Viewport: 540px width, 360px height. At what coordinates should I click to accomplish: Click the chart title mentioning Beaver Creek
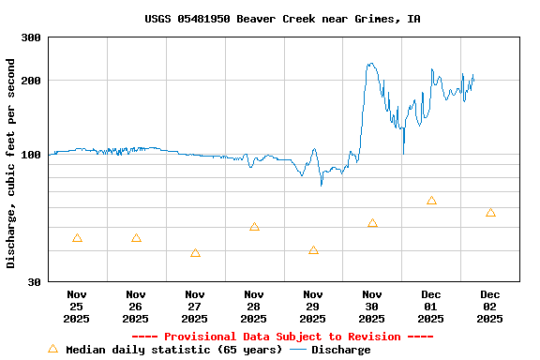(282, 19)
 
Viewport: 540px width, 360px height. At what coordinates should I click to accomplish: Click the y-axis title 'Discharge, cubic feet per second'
(10, 163)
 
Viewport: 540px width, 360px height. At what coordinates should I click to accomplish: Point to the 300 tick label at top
(31, 37)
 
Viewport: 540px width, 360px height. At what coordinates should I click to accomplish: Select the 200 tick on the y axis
(31, 81)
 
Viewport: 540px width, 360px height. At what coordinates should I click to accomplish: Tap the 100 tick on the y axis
(31, 155)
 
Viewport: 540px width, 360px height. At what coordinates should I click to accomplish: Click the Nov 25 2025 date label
(77, 307)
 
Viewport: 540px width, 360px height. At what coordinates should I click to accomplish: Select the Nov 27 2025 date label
(195, 307)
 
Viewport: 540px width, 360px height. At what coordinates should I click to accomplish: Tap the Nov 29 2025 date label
(313, 307)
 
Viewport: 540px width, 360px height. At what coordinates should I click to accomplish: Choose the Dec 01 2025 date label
(431, 307)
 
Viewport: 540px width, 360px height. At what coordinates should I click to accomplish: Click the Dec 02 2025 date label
(490, 307)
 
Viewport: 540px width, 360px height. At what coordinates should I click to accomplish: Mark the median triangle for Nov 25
(77, 238)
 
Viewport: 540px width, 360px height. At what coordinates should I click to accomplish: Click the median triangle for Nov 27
(195, 253)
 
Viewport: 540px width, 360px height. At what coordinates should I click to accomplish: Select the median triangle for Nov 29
(313, 250)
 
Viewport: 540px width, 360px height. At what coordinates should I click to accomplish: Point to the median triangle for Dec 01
(431, 201)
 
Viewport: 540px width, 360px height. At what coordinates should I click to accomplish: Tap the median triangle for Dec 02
(490, 213)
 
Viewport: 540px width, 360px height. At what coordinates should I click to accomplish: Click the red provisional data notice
(282, 337)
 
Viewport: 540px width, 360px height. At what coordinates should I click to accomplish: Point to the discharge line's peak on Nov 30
(371, 64)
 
